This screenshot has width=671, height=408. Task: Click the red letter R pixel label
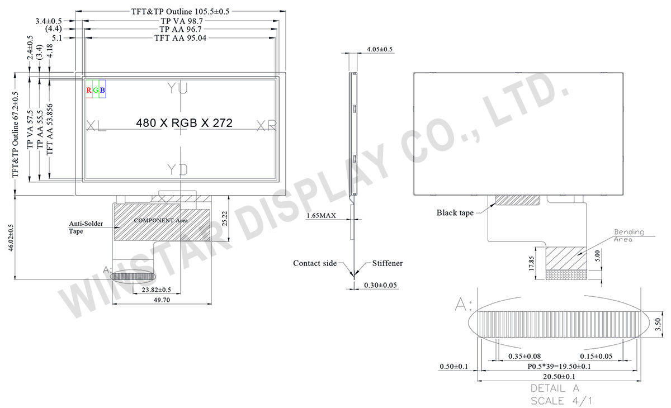[89, 91]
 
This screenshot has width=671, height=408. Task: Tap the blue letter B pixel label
[102, 91]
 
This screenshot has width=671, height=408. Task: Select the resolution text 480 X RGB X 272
[184, 123]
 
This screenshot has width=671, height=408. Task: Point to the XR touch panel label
[266, 126]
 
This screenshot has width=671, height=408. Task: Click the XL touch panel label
[96, 126]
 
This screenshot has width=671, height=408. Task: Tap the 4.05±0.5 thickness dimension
[380, 49]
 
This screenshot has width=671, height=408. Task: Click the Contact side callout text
[315, 263]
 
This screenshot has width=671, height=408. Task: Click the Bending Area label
[629, 235]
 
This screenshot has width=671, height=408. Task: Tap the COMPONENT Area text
[160, 221]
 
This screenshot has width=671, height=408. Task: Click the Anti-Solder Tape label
[84, 226]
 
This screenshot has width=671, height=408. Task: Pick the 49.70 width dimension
[162, 300]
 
